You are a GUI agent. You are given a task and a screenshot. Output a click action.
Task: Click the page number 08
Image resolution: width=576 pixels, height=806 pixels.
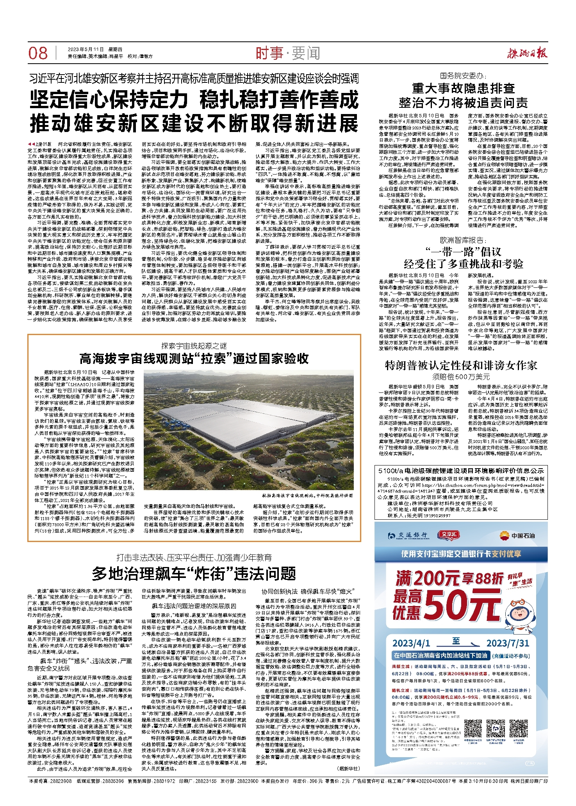click(x=38, y=53)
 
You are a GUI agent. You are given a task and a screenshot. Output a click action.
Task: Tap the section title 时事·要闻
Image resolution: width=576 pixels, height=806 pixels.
click(x=288, y=53)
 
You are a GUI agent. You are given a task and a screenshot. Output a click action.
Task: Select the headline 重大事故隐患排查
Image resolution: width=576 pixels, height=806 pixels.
click(x=464, y=88)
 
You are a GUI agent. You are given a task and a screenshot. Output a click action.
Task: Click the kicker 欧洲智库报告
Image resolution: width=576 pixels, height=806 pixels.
click(x=463, y=240)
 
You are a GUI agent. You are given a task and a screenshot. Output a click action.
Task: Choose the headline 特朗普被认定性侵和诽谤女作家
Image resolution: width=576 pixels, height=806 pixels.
click(x=461, y=366)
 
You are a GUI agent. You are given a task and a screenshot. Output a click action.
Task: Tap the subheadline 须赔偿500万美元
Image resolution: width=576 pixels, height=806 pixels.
click(x=461, y=377)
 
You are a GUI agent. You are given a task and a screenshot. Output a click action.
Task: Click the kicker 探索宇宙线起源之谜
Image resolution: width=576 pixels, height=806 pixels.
click(x=194, y=346)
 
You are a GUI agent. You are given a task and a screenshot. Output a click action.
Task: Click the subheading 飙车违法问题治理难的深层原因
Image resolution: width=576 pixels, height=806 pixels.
click(x=194, y=606)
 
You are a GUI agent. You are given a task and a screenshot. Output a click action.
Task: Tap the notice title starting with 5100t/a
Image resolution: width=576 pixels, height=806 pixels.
click(x=461, y=471)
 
